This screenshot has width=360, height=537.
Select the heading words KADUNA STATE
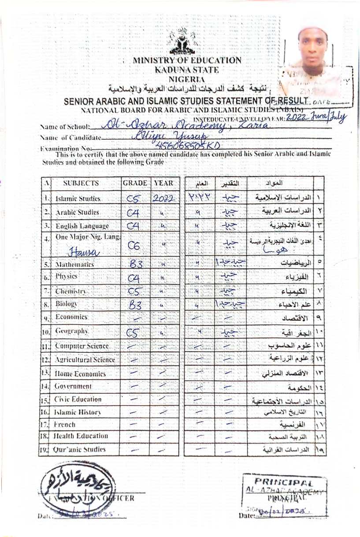click(187, 70)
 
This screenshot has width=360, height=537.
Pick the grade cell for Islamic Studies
click(133, 199)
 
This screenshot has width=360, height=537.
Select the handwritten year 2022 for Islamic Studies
click(164, 199)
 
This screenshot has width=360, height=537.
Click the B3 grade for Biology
click(134, 304)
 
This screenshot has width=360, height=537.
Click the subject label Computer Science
click(82, 346)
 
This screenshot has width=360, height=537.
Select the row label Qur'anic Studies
click(80, 450)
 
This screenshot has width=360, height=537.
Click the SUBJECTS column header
click(81, 183)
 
